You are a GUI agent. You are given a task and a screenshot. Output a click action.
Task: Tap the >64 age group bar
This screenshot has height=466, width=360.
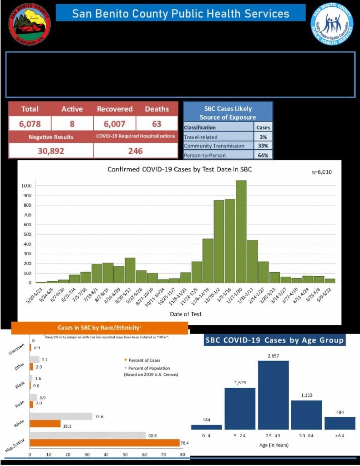click(340, 423)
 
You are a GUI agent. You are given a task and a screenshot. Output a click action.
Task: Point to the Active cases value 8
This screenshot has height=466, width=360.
click(72, 123)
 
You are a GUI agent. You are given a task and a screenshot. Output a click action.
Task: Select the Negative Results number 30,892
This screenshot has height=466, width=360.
click(51, 151)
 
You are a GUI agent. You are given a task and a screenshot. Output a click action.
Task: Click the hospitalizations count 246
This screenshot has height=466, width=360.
click(135, 151)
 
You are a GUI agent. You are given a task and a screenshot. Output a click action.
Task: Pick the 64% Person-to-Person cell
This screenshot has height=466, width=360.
click(264, 155)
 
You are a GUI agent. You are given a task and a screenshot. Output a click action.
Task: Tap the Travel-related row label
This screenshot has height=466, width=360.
click(200, 137)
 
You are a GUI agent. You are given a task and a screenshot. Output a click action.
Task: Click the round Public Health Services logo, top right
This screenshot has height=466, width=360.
click(332, 24)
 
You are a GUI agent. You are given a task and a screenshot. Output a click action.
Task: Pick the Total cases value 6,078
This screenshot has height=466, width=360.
click(30, 123)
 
